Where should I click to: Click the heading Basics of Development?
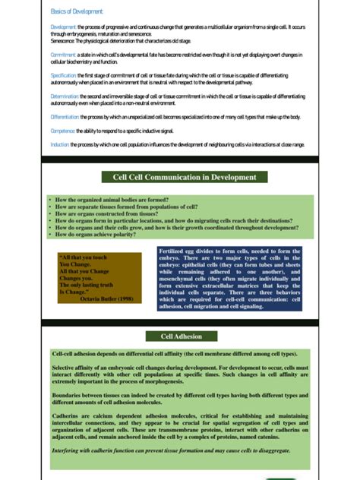click(x=77, y=11)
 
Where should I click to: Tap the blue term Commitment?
click(x=63, y=55)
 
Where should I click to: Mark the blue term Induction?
click(x=60, y=144)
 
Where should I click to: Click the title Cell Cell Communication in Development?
click(x=185, y=177)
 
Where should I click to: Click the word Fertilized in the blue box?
click(x=175, y=251)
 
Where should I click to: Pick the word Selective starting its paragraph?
click(x=66, y=368)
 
